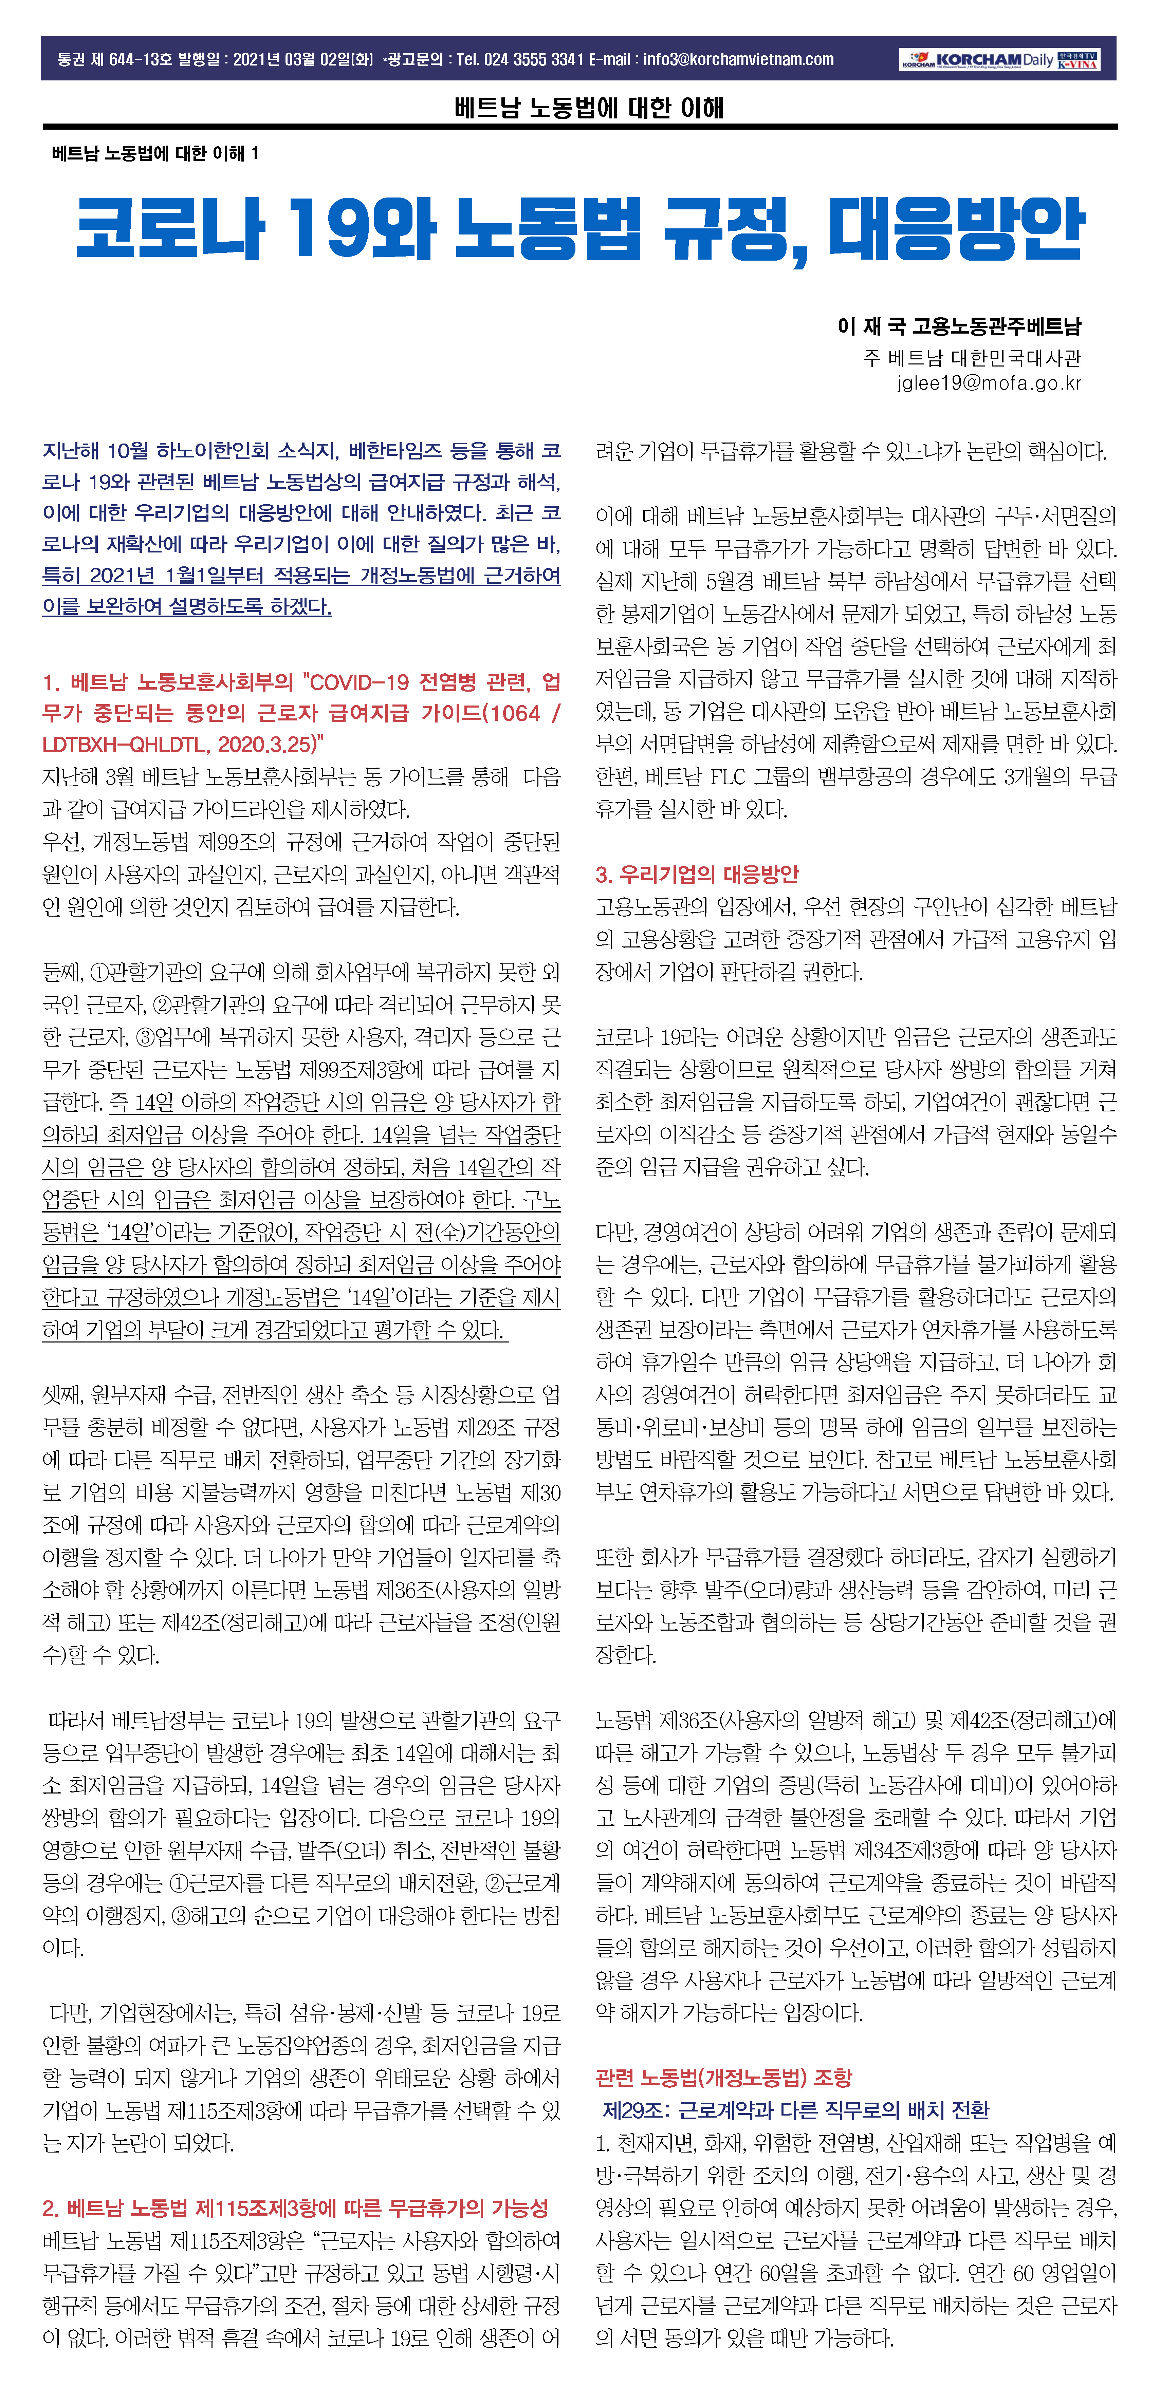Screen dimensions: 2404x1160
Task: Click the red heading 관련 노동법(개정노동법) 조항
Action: [x=723, y=2078]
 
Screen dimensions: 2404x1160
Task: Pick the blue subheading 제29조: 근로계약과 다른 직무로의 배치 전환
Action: [x=795, y=2110]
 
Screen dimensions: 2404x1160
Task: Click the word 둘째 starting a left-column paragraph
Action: [x=61, y=973]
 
